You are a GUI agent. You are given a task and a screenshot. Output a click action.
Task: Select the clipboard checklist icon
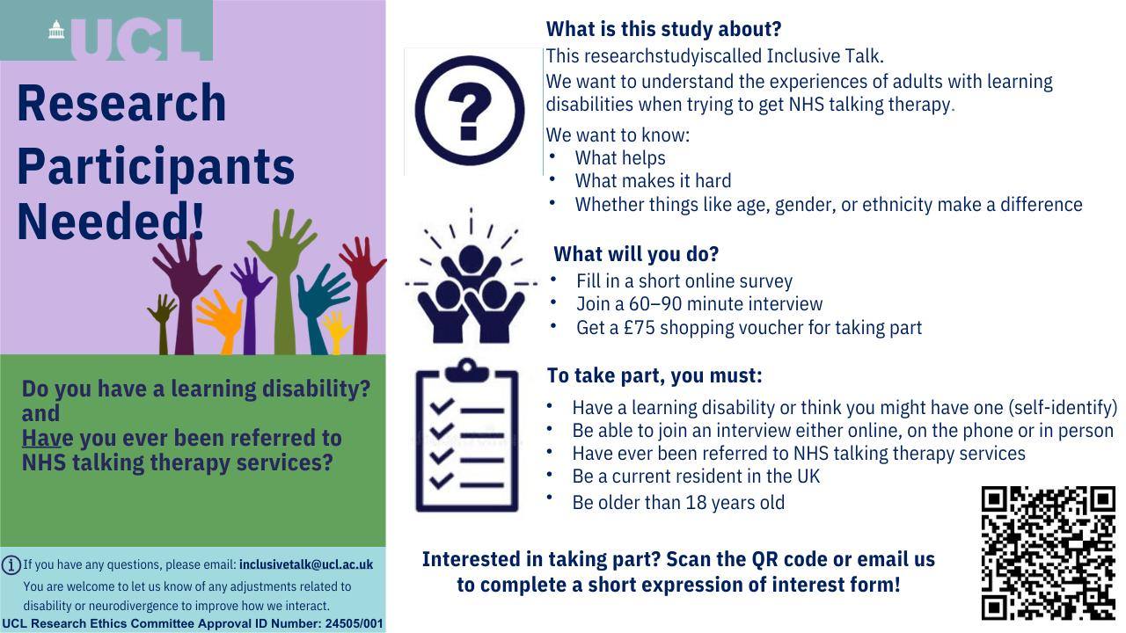pyautogui.click(x=467, y=435)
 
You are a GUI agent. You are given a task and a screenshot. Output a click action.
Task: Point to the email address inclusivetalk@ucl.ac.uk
pyautogui.click(x=306, y=564)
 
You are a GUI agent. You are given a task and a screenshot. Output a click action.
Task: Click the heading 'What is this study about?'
pyautogui.click(x=663, y=29)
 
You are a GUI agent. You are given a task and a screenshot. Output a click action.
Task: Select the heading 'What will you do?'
pyautogui.click(x=636, y=254)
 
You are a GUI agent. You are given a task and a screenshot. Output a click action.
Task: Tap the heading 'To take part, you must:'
pyautogui.click(x=654, y=375)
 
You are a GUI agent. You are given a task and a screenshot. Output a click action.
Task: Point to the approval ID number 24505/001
pyautogui.click(x=354, y=623)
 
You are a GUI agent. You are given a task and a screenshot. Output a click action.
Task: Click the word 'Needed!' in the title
pyautogui.click(x=111, y=222)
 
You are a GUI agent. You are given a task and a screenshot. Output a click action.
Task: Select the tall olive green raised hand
pyautogui.click(x=282, y=281)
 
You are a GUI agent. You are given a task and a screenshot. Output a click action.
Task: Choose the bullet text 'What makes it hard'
pyautogui.click(x=653, y=181)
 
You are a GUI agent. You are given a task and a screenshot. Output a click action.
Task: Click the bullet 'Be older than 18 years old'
pyautogui.click(x=678, y=502)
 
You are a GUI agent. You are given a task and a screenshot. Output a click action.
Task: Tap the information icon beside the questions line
pyautogui.click(x=11, y=564)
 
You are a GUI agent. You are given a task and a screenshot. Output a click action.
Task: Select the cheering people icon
pyautogui.click(x=471, y=276)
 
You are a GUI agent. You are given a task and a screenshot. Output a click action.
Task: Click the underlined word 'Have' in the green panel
pyautogui.click(x=40, y=438)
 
